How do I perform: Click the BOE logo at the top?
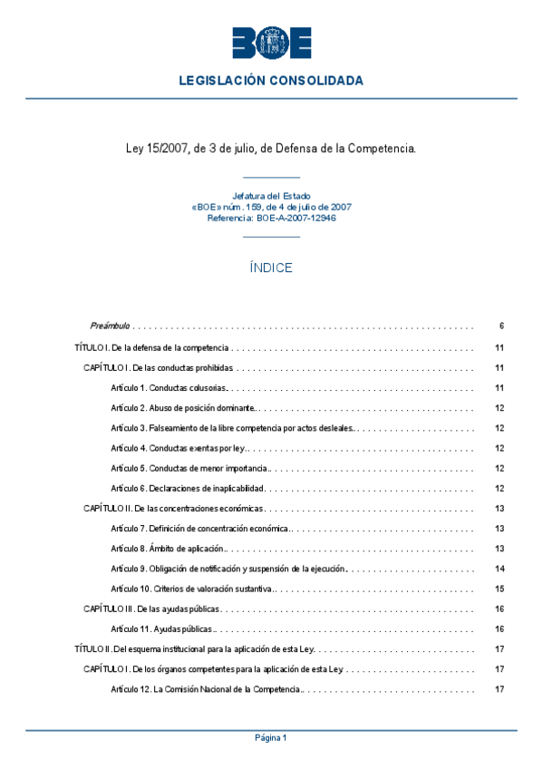point(271,43)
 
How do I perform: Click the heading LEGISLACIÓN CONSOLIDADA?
point(271,81)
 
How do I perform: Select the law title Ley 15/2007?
point(271,147)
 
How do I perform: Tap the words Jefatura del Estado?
point(271,196)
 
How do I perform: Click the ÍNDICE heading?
point(271,268)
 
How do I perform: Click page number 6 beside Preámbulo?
point(500,326)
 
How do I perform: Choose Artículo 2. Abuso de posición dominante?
point(183,408)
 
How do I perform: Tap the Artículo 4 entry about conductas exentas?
point(179,448)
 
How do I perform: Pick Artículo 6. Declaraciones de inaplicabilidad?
point(187,489)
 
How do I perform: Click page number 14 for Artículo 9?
point(499,569)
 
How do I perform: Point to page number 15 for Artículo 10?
point(499,589)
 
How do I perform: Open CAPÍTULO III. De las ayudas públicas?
point(151,608)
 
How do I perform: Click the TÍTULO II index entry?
point(194,649)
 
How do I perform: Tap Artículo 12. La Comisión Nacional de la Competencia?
point(206,689)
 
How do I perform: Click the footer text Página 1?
point(271,738)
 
